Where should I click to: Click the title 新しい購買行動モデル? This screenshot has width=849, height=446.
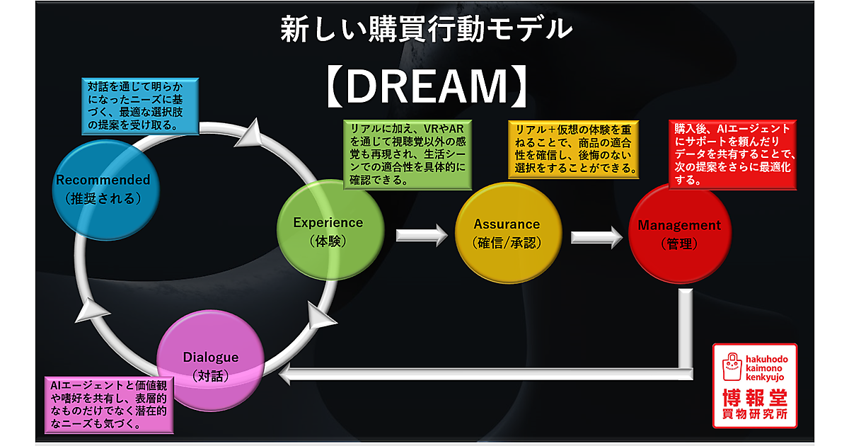click(x=424, y=29)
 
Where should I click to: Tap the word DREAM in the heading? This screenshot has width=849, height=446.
click(x=427, y=86)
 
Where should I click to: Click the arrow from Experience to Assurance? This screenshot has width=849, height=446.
click(x=422, y=234)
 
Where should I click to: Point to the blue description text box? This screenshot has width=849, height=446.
click(x=139, y=105)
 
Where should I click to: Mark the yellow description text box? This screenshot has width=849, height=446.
click(x=573, y=149)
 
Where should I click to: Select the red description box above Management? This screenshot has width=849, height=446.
click(x=732, y=154)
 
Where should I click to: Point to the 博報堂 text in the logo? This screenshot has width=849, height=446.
click(x=756, y=396)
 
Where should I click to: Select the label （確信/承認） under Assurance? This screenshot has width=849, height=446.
click(x=507, y=242)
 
